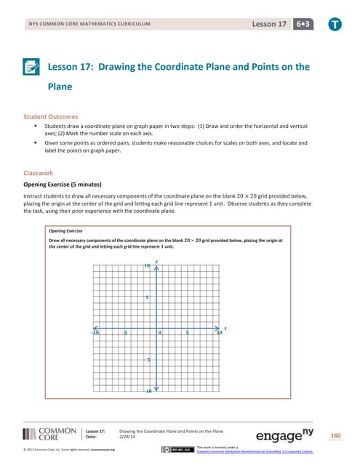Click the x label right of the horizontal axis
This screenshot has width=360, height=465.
click(x=225, y=328)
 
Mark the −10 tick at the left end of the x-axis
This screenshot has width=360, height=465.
click(x=95, y=333)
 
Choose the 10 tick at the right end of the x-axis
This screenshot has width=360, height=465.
click(x=219, y=333)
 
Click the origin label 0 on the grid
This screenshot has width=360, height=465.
click(x=160, y=333)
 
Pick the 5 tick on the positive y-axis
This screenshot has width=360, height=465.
click(x=148, y=298)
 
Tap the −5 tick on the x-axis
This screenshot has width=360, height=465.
click(x=125, y=333)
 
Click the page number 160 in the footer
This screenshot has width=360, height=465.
click(x=335, y=436)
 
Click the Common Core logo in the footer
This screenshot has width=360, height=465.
click(x=49, y=434)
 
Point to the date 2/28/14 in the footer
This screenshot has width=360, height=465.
click(x=128, y=437)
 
